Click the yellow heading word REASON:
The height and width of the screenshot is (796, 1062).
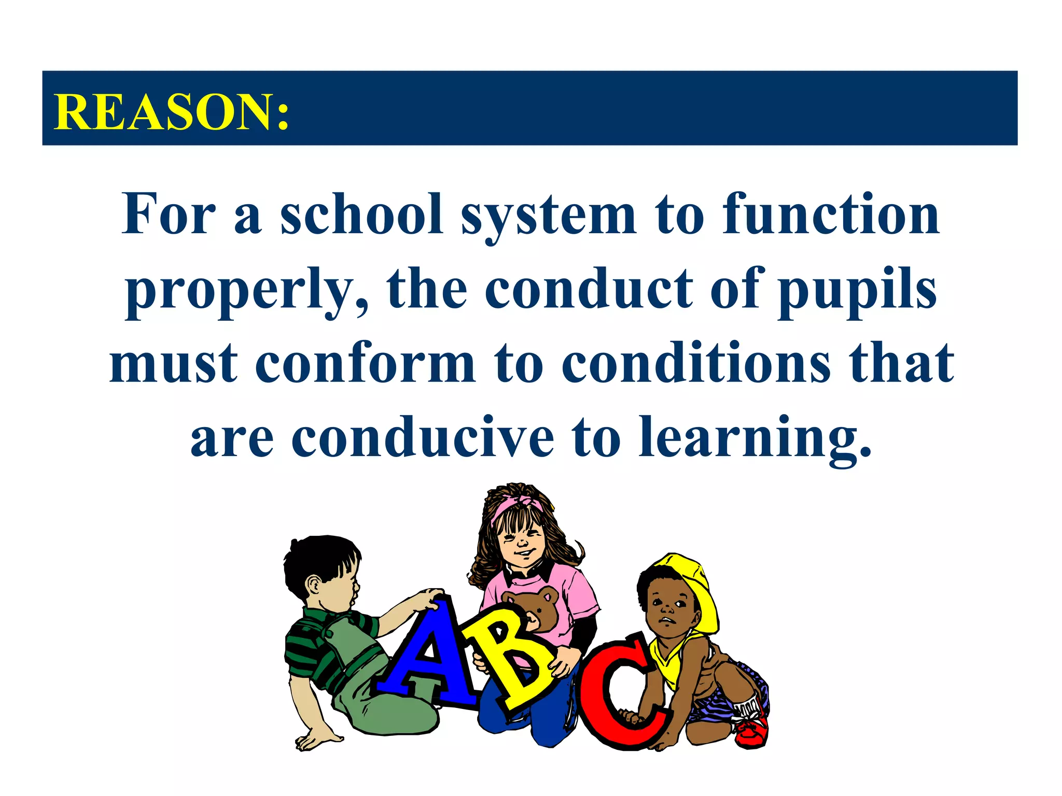[171, 112]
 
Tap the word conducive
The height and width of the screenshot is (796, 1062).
[423, 438]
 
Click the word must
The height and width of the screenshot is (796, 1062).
[174, 364]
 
